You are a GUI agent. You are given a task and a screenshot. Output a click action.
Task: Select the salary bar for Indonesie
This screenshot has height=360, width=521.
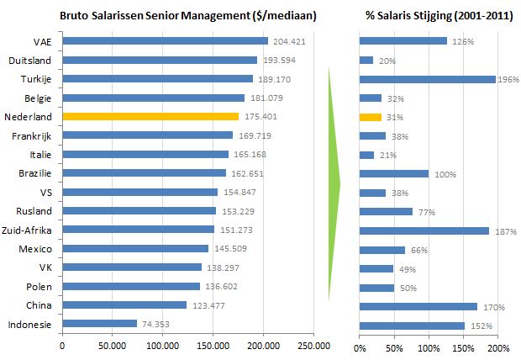[x=99, y=323]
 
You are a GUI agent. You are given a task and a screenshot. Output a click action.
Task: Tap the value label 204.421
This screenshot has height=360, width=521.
[x=287, y=41]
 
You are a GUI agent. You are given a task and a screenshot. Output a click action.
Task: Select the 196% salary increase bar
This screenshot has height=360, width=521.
[x=427, y=79]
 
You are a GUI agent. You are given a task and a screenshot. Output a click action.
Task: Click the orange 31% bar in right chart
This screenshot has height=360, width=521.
[x=370, y=117]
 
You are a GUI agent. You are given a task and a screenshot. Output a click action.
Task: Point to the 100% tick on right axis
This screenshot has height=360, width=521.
[x=429, y=347]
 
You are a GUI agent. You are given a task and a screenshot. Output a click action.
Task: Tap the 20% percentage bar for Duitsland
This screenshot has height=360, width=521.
[x=366, y=60]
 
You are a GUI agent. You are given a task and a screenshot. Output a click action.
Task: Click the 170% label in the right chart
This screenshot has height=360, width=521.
[x=491, y=307]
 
